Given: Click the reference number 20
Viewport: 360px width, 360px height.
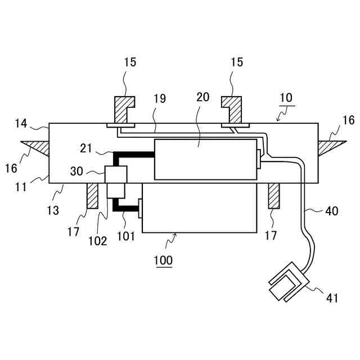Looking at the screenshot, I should pyautogui.click(x=203, y=96).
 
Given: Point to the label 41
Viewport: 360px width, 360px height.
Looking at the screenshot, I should pyautogui.click(x=332, y=298).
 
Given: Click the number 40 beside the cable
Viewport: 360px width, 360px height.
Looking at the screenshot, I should pyautogui.click(x=332, y=212).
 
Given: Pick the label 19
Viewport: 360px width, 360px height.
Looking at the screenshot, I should pyautogui.click(x=159, y=99).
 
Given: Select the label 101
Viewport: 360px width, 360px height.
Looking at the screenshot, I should pyautogui.click(x=127, y=237).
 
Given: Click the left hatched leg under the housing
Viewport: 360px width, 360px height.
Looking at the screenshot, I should pyautogui.click(x=92, y=195).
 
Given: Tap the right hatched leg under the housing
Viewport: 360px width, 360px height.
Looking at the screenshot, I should pyautogui.click(x=273, y=195).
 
